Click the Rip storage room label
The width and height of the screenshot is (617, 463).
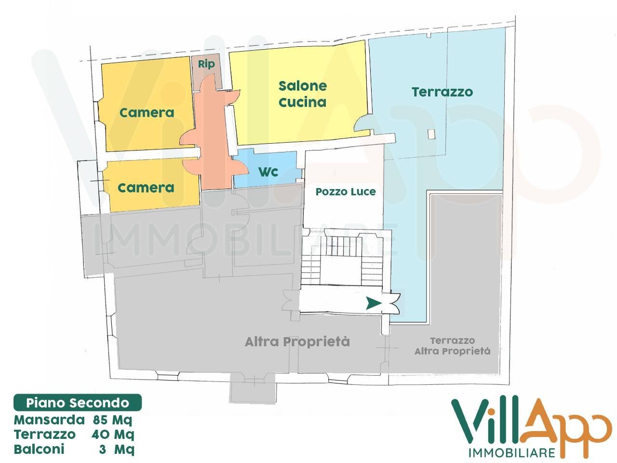(206, 64)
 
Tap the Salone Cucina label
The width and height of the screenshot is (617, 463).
(303, 94)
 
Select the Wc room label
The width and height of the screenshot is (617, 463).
(268, 172)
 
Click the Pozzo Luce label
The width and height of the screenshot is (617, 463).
(346, 192)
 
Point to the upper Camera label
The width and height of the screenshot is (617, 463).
(147, 113)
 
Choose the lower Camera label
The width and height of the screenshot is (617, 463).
(146, 188)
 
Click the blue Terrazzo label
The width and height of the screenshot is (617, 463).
(442, 92)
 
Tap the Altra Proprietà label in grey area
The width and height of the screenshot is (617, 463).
(297, 342)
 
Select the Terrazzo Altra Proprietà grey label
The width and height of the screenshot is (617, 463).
(452, 346)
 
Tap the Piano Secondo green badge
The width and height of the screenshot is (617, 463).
(78, 403)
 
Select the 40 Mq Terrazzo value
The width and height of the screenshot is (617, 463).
(112, 435)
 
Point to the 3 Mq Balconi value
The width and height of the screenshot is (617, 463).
(123, 449)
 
